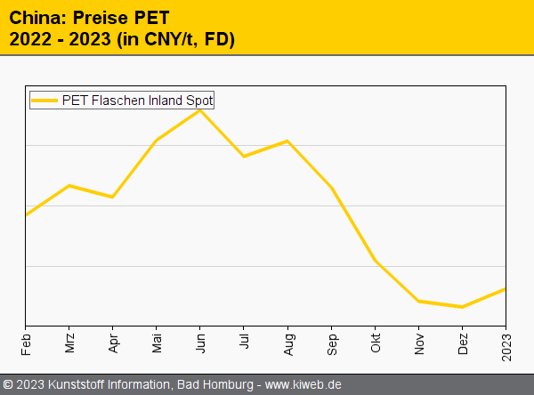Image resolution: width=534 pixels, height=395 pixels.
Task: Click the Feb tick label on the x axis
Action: pyautogui.click(x=26, y=342)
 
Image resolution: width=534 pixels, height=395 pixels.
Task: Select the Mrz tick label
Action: pyautogui.click(x=69, y=342)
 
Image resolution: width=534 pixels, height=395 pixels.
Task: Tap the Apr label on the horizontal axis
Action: pyautogui.click(x=113, y=342)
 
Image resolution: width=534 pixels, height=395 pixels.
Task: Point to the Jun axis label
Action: pyautogui.click(x=200, y=342)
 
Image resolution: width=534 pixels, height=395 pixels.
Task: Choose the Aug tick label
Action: pyautogui.click(x=287, y=342)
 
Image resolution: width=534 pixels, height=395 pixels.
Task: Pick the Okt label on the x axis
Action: pyautogui.click(x=376, y=342)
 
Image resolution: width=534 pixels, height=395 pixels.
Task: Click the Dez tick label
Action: pyautogui.click(x=463, y=342)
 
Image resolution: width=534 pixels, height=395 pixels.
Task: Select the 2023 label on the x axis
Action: pyautogui.click(x=506, y=344)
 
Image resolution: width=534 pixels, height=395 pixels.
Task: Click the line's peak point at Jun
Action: pyautogui.click(x=200, y=110)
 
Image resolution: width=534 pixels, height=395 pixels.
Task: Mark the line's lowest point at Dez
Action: pyautogui.click(x=463, y=307)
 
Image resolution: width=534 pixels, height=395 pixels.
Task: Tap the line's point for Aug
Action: pyautogui.click(x=287, y=141)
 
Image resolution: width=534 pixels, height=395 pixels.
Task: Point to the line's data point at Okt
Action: pyautogui.click(x=376, y=261)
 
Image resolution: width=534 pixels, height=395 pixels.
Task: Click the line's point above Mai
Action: pyautogui.click(x=157, y=140)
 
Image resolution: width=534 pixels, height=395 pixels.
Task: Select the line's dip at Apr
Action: pyautogui.click(x=113, y=197)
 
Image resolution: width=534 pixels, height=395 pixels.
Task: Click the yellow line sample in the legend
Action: pyautogui.click(x=45, y=101)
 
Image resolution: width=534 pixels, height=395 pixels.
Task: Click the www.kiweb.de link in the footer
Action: pyautogui.click(x=303, y=384)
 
